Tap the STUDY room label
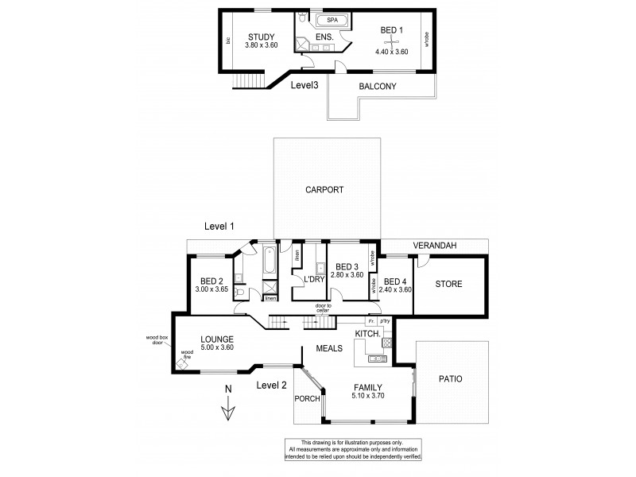click(x=260, y=37)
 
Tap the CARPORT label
click(x=324, y=190)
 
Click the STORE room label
click(x=448, y=284)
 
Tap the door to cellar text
click(x=322, y=308)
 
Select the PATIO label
click(x=450, y=379)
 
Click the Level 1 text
click(x=219, y=227)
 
